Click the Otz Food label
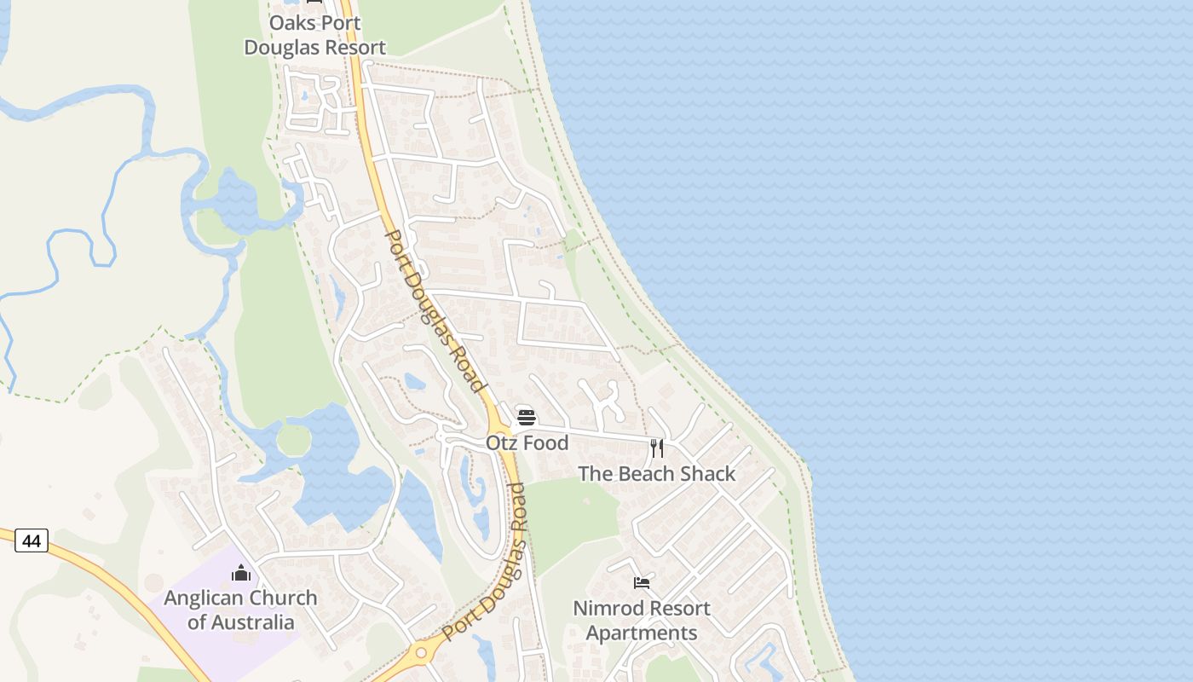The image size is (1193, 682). click(527, 443)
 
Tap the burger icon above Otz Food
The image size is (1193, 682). click(527, 417)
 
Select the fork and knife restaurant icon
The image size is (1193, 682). click(657, 448)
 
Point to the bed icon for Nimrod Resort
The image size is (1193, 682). click(642, 582)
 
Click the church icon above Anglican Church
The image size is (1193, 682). click(241, 572)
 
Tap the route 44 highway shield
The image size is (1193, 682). click(32, 540)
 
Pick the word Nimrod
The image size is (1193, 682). click(606, 609)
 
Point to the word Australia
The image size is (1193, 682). click(241, 622)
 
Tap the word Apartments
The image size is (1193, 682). click(642, 633)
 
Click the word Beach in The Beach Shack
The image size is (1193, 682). click(648, 474)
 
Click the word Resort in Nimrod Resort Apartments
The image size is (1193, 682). click(677, 609)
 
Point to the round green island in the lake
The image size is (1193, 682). click(293, 440)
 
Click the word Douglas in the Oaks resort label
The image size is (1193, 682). click(280, 48)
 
